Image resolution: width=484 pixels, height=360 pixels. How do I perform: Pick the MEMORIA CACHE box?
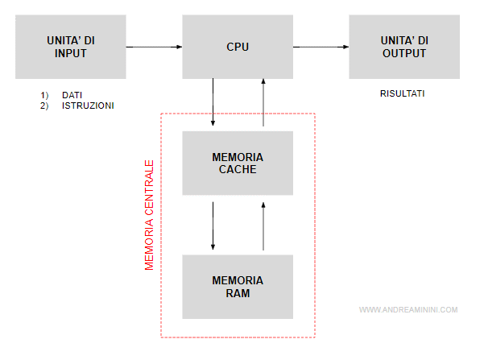pos(238,163)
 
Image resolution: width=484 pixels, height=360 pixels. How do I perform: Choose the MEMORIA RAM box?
pos(238,287)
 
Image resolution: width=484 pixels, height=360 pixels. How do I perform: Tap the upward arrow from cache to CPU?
pos(263,102)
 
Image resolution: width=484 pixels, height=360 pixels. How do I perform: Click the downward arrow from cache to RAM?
pos(213,225)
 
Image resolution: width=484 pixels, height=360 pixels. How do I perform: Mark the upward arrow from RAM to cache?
pos(263,225)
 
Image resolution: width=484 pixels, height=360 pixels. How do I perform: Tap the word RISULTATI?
pos(403,94)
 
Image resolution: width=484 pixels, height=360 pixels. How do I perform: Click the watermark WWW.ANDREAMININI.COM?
pos(407,309)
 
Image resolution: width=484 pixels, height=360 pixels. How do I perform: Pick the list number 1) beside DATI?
pos(44,95)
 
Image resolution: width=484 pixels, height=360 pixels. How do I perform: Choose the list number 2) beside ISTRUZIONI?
pos(44,106)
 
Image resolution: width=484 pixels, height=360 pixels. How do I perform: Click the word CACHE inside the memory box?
pos(238,169)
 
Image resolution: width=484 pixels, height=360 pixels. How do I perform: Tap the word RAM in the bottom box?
pos(238,293)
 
